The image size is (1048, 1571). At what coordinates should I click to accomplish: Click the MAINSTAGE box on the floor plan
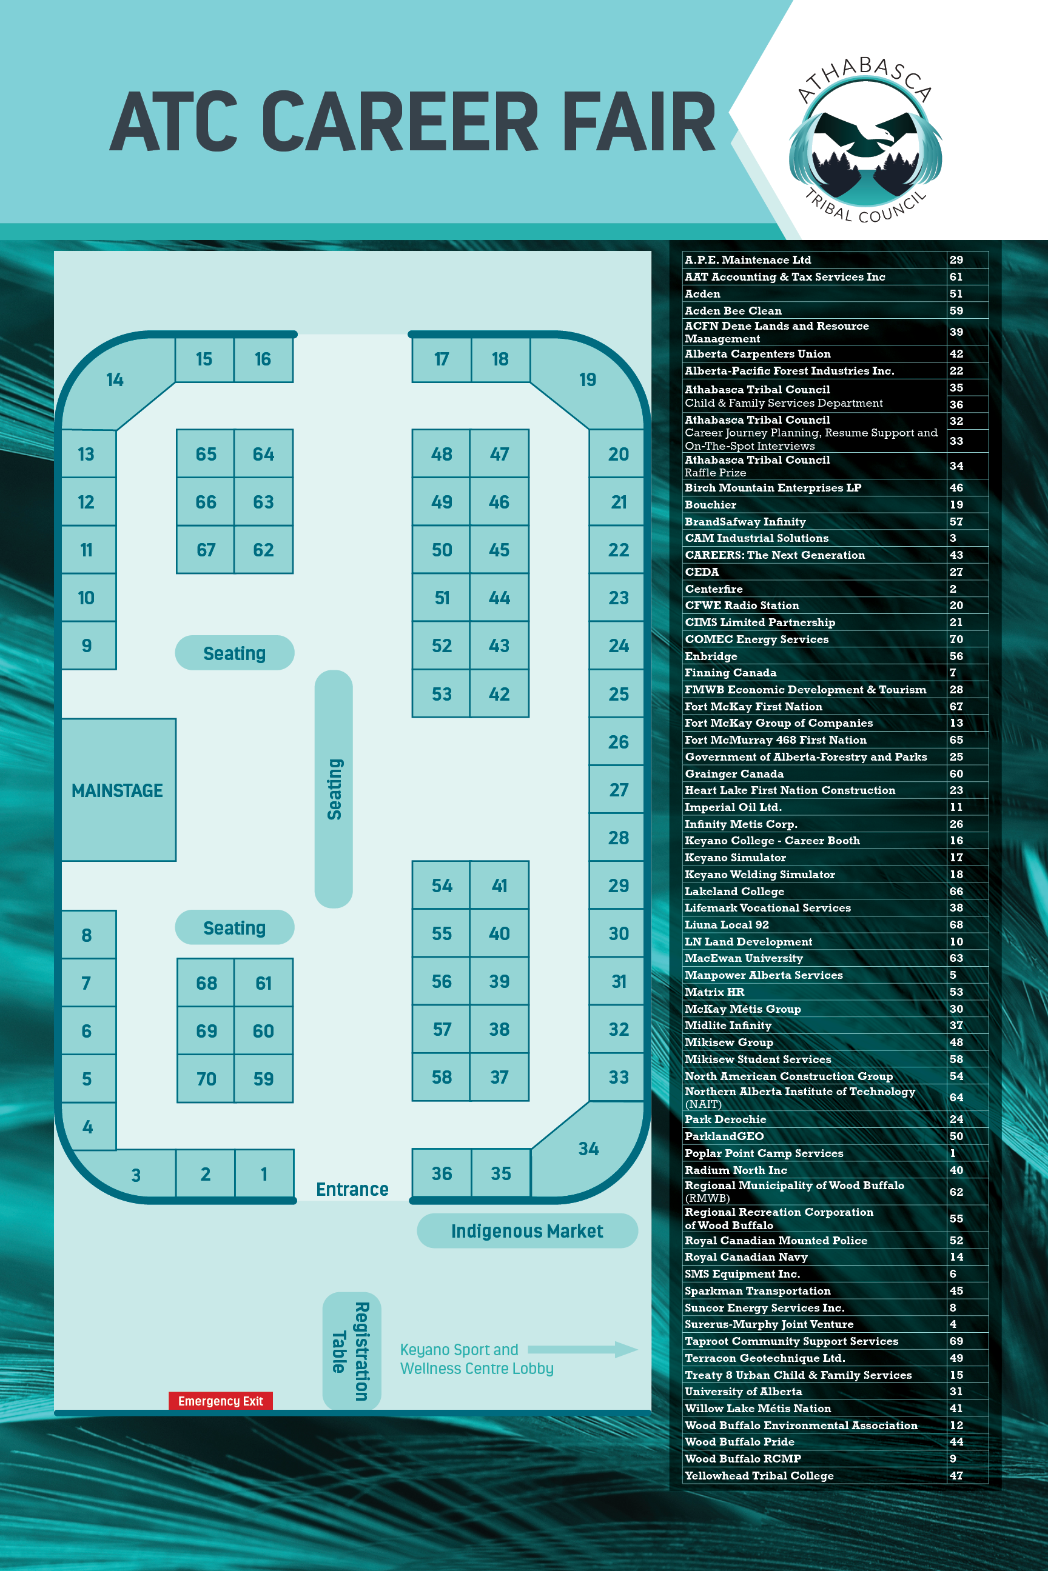[x=118, y=790]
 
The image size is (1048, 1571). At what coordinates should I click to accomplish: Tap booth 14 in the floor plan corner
[x=115, y=380]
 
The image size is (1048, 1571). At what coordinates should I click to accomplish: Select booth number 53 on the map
[x=441, y=694]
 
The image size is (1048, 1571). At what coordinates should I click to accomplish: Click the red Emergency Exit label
[x=221, y=1401]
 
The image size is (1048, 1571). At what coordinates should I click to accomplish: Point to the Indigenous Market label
[x=526, y=1230]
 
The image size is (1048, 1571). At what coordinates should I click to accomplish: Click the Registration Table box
[x=352, y=1350]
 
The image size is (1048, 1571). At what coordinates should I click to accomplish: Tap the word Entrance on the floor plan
[x=352, y=1189]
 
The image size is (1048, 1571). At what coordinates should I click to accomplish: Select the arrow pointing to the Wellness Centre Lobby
[x=582, y=1349]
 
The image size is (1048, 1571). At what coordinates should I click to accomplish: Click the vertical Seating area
[x=334, y=789]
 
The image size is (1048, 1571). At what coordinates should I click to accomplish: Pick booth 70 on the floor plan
[x=206, y=1079]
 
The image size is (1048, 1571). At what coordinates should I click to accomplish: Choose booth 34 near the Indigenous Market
[x=588, y=1149]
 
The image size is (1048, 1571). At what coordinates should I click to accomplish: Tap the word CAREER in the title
[x=399, y=122]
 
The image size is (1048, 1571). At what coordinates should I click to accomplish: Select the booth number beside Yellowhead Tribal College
[x=956, y=1475]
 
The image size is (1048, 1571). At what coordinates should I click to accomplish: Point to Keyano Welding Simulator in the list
[x=760, y=875]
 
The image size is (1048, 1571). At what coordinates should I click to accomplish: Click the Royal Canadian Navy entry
[x=746, y=1257]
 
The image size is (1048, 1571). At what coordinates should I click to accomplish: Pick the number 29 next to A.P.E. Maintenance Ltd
[x=956, y=260]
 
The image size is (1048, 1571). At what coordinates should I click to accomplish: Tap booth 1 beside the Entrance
[x=264, y=1173]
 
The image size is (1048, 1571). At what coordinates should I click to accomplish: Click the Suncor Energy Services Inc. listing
[x=765, y=1308]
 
